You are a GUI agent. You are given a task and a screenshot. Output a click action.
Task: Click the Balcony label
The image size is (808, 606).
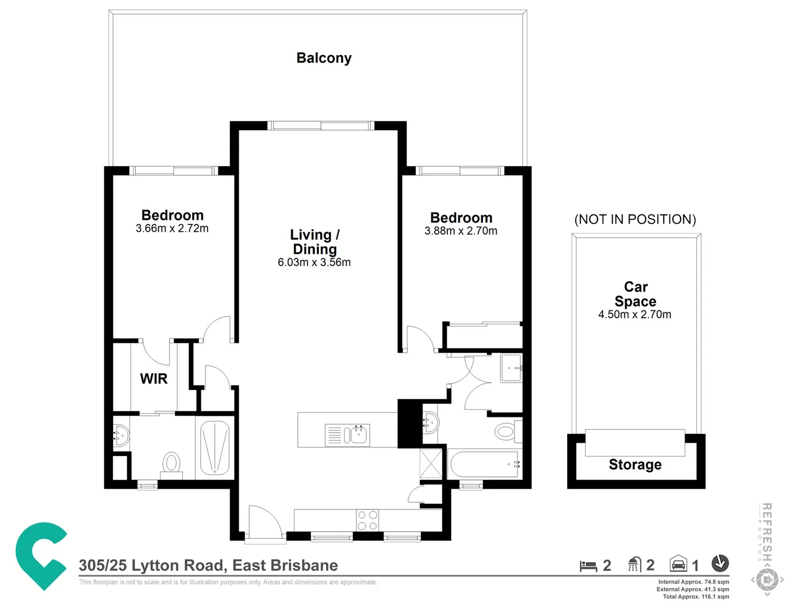324,58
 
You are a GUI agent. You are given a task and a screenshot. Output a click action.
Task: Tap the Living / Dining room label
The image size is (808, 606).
314,242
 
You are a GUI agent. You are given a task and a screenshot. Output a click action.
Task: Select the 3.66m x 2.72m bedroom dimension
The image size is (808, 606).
172,228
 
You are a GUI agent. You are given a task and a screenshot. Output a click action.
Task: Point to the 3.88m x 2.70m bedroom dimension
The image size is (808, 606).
461,231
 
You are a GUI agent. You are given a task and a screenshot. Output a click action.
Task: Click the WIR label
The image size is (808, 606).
154,379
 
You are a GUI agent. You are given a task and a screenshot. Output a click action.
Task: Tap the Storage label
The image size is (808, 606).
635,465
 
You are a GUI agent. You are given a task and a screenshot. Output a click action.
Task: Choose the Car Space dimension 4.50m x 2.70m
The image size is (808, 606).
635,315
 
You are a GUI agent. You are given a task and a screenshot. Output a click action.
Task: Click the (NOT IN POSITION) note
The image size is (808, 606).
635,219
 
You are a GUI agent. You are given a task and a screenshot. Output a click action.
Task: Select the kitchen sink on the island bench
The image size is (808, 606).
348,435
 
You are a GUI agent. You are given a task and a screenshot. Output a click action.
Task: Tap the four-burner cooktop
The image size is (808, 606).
367,520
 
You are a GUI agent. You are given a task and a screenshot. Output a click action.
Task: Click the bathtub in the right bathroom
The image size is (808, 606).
484,464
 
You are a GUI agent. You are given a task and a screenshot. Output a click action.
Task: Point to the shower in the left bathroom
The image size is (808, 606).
215,448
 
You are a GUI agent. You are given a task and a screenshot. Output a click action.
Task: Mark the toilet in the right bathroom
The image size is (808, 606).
506,431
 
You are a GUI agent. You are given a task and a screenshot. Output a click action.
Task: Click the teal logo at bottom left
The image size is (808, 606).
40,555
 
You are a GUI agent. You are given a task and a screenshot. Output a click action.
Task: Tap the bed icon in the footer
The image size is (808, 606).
588,566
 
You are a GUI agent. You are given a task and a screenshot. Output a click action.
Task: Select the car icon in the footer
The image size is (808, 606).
678,563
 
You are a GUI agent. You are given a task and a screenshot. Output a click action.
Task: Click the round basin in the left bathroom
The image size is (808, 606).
121,434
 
